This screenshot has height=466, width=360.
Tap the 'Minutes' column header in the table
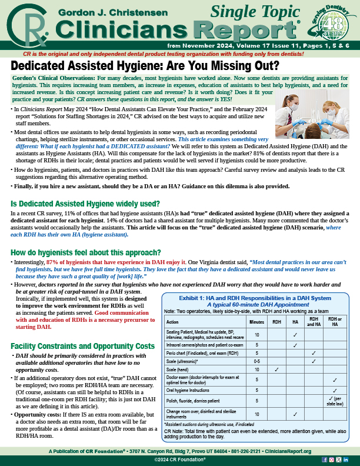tap(256, 322)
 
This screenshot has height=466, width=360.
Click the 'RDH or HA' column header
tap(335, 322)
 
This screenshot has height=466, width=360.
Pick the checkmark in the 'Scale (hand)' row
tap(276, 369)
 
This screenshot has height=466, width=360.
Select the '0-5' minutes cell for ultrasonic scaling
tap(256, 361)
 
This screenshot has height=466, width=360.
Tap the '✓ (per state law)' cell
tap(335, 400)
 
